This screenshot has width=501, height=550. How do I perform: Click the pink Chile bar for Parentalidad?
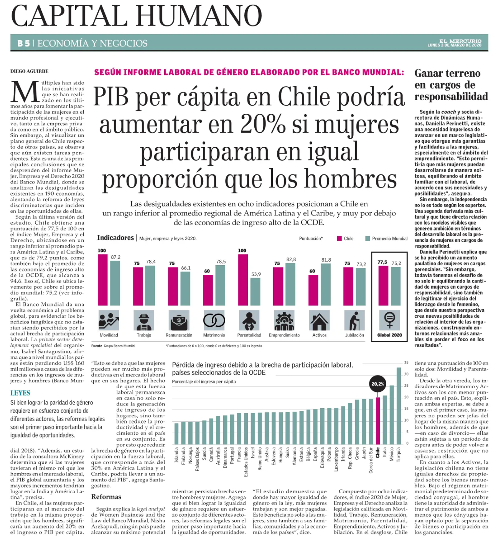(x=243, y=279)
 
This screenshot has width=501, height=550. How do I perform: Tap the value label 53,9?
(x=256, y=274)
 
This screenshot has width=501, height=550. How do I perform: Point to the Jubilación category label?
(x=354, y=335)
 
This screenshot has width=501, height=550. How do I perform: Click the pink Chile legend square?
(x=339, y=238)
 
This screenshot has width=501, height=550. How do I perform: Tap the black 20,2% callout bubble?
(x=377, y=384)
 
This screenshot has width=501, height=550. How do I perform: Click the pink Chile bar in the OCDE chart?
(x=378, y=420)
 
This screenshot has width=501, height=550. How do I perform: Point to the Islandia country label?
(x=177, y=455)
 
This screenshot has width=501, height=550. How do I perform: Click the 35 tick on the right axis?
(x=406, y=362)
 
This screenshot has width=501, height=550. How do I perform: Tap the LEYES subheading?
(x=20, y=393)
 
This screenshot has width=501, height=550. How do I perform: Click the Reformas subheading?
(x=106, y=497)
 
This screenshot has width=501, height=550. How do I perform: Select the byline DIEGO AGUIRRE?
(x=29, y=71)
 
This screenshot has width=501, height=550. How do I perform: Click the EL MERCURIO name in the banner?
(x=460, y=41)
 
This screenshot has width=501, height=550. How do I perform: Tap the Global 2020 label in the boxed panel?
(x=389, y=335)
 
